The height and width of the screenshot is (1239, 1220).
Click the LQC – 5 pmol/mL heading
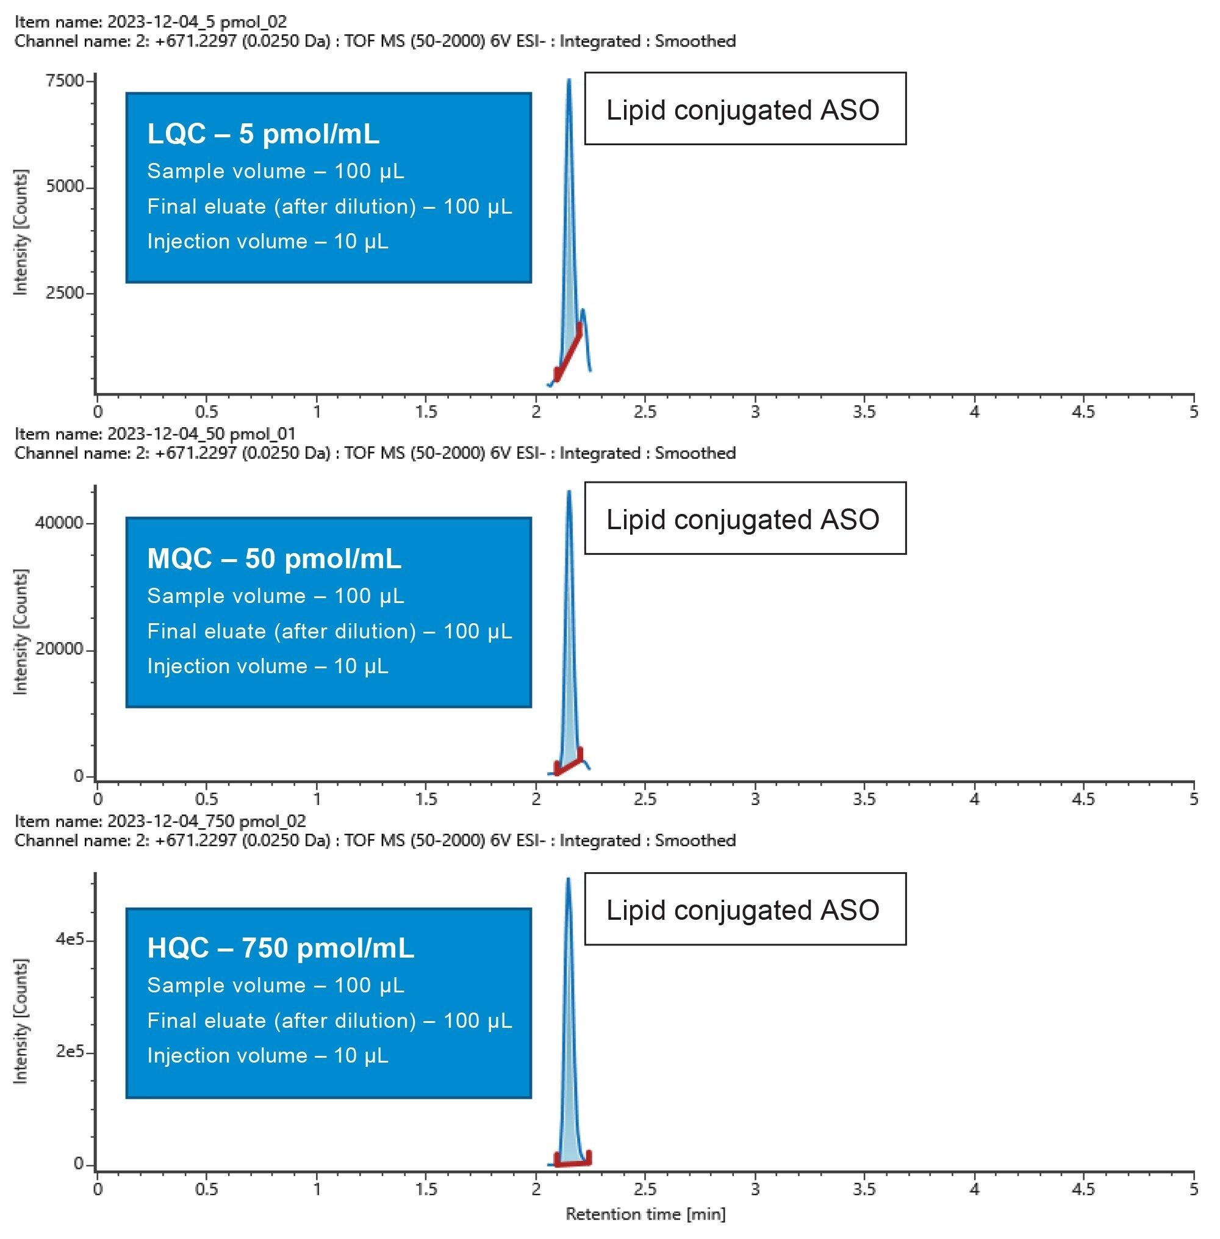pyautogui.click(x=263, y=134)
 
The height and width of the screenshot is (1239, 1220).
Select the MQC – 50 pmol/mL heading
pyautogui.click(x=274, y=558)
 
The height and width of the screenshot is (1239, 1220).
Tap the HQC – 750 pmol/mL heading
pyautogui.click(x=280, y=948)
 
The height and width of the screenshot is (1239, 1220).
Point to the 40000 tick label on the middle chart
pyautogui.click(x=60, y=523)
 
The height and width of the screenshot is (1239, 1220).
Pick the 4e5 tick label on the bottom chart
pyautogui.click(x=70, y=940)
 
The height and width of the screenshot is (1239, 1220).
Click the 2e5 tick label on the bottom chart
pyautogui.click(x=70, y=1052)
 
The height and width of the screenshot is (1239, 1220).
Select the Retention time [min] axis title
pyautogui.click(x=645, y=1214)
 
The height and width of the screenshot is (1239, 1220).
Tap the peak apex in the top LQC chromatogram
pyautogui.click(x=569, y=81)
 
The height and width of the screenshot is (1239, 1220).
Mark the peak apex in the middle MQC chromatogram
pyautogui.click(x=569, y=493)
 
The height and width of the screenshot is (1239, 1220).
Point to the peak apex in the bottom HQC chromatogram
pyautogui.click(x=568, y=880)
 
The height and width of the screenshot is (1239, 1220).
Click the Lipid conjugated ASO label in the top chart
pyautogui.click(x=742, y=110)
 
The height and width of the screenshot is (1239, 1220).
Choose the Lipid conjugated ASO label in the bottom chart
pyautogui.click(x=742, y=910)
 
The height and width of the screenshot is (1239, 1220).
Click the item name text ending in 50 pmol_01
pyautogui.click(x=155, y=434)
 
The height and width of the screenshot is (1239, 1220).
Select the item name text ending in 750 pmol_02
pyautogui.click(x=160, y=821)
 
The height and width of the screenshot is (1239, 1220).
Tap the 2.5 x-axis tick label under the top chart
pyautogui.click(x=645, y=411)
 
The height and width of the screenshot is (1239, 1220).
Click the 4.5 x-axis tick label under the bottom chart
pyautogui.click(x=1083, y=1190)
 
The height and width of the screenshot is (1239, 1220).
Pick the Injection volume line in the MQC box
pyautogui.click(x=267, y=666)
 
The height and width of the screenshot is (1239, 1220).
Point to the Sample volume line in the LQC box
pyautogui.click(x=276, y=171)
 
